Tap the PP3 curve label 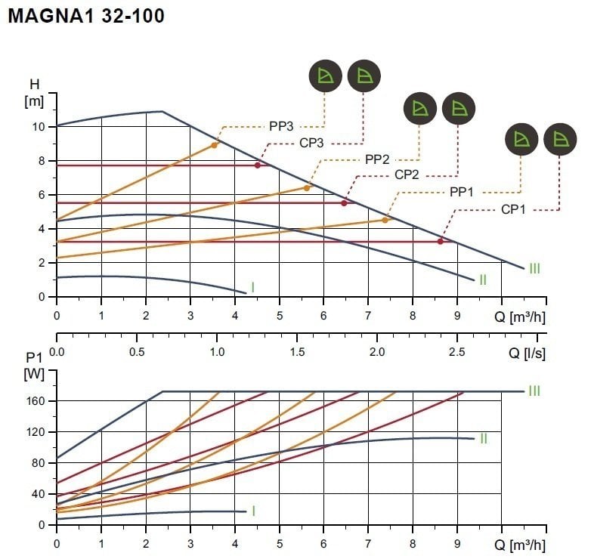pos(280,125)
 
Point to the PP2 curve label pos(377,159)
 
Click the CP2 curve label pos(407,175)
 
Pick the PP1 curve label pos(462,193)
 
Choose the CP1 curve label pos(513,209)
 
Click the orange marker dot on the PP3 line pos(215,145)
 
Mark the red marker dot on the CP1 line pos(441,241)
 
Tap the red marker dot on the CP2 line pos(344,202)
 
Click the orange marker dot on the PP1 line pos(385,220)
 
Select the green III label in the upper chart pos(534,268)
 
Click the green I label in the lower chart pos(252,511)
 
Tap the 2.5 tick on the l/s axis pos(456,352)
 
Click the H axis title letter pos(34,83)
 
